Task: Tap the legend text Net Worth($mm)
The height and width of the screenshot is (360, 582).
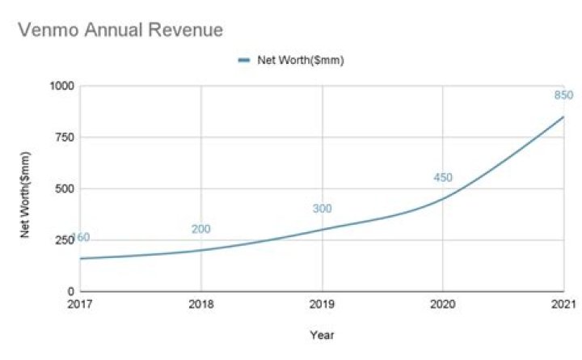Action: click(301, 60)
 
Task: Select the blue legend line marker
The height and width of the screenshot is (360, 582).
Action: click(244, 60)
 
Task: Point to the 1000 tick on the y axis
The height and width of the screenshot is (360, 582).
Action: click(61, 86)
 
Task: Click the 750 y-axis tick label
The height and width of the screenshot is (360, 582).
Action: click(65, 138)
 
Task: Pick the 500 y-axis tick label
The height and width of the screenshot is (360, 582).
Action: click(65, 188)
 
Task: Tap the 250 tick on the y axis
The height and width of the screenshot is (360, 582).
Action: click(65, 240)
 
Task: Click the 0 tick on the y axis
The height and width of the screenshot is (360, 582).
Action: click(71, 291)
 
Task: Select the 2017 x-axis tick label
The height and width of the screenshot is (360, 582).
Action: click(81, 304)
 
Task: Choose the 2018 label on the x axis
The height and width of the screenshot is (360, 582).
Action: click(201, 304)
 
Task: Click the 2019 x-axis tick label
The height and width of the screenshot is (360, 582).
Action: click(322, 304)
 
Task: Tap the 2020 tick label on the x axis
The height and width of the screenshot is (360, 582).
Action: click(442, 304)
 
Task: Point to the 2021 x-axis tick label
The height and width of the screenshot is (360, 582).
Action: click(563, 304)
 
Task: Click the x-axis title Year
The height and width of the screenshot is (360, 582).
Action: click(322, 334)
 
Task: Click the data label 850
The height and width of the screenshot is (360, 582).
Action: click(563, 96)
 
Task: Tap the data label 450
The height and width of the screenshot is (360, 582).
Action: click(443, 178)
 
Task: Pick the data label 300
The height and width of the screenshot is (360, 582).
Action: click(323, 209)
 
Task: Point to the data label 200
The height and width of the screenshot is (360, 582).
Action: click(201, 229)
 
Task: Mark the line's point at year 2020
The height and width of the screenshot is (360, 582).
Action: click(442, 199)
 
